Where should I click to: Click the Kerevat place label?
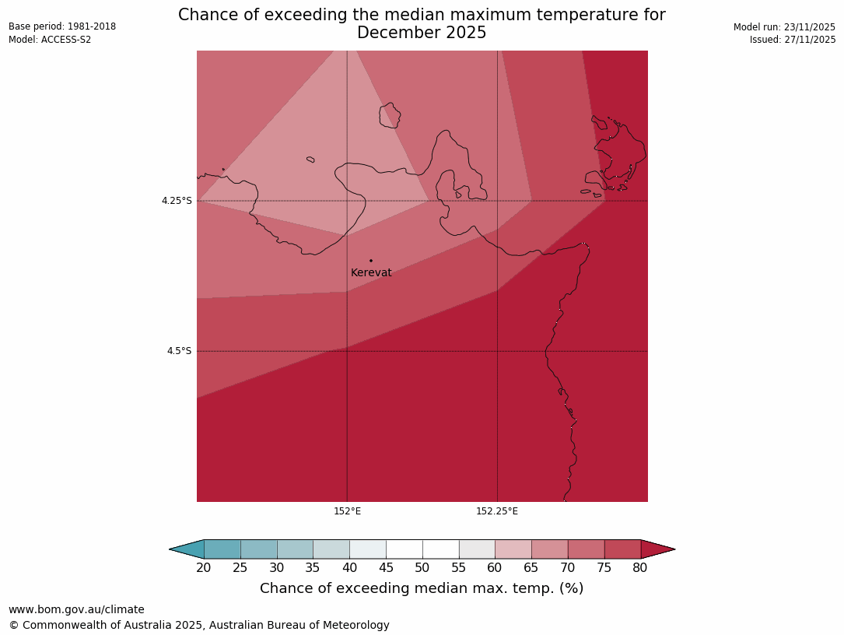[371, 273]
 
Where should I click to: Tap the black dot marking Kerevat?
[371, 261]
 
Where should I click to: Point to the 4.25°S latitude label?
[177, 201]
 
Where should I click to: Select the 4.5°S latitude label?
[179, 351]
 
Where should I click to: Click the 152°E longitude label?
[347, 511]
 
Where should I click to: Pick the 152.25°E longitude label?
[497, 511]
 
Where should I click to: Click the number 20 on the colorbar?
[204, 568]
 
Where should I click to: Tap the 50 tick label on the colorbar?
[422, 568]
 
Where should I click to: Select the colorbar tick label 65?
[531, 568]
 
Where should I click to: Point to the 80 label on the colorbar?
[640, 568]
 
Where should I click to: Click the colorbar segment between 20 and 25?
[222, 549]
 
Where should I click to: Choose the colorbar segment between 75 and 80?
[622, 549]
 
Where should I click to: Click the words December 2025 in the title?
[422, 33]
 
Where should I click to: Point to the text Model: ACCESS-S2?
[50, 40]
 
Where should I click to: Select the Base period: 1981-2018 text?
[62, 26]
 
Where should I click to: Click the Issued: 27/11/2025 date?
[793, 40]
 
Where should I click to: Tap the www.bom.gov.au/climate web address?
[76, 610]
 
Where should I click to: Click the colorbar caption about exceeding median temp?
[422, 589]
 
